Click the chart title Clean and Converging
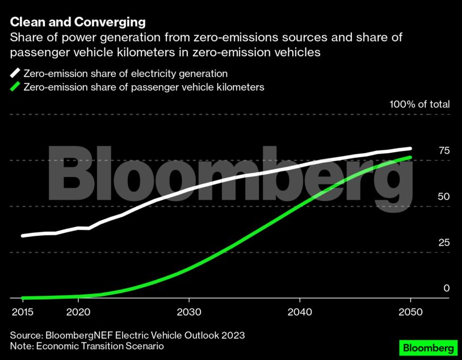click(x=78, y=22)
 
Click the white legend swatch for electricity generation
click(x=14, y=73)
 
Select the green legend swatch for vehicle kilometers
click(x=14, y=87)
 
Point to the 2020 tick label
click(x=78, y=312)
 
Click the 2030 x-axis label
click(x=188, y=312)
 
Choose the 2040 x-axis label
click(x=299, y=312)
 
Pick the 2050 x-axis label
click(x=410, y=312)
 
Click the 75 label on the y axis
click(x=444, y=150)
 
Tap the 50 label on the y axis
click(x=444, y=196)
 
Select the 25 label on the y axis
click(x=444, y=242)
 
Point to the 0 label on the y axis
click(x=447, y=288)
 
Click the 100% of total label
click(x=419, y=104)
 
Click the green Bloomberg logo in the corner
click(x=427, y=346)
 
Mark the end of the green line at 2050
click(x=410, y=157)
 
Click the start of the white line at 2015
click(x=23, y=235)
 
